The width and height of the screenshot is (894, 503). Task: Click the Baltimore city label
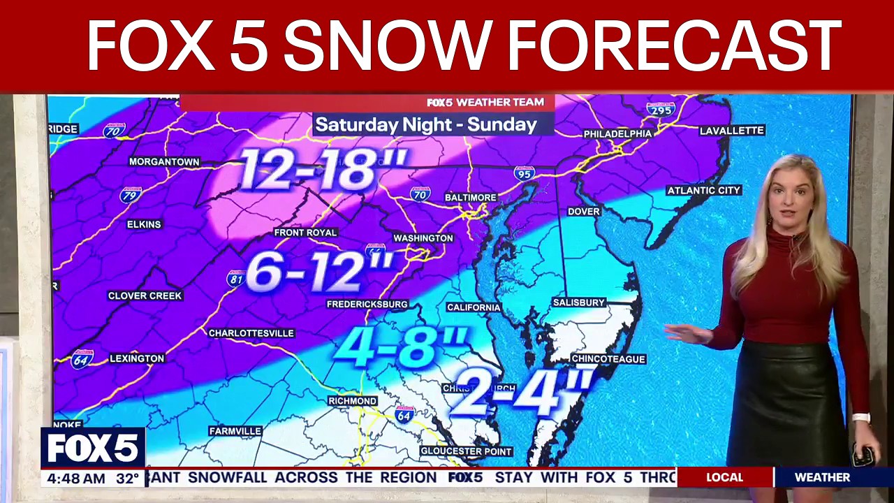[x=470, y=198]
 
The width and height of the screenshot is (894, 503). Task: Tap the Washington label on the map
[x=423, y=238]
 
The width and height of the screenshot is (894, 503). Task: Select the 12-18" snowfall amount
[x=323, y=170]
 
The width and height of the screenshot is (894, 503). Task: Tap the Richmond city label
[x=353, y=401]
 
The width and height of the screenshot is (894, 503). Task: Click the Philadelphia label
[x=617, y=133]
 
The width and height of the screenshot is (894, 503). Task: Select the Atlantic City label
[x=703, y=191]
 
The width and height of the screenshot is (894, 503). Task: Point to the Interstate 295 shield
[x=660, y=110]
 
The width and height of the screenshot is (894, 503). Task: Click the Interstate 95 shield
[x=524, y=173]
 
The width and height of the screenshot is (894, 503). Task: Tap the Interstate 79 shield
[x=130, y=194]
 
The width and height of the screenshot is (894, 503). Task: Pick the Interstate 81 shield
[x=235, y=279]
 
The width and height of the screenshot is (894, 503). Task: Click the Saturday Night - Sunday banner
[x=425, y=125]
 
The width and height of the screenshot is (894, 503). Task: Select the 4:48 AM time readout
[x=73, y=479]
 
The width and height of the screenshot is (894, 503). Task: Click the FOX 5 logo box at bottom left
[x=93, y=448]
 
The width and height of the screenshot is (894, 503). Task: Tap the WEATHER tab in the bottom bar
[x=822, y=477]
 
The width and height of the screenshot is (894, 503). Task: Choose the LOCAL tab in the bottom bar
[x=724, y=477]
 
